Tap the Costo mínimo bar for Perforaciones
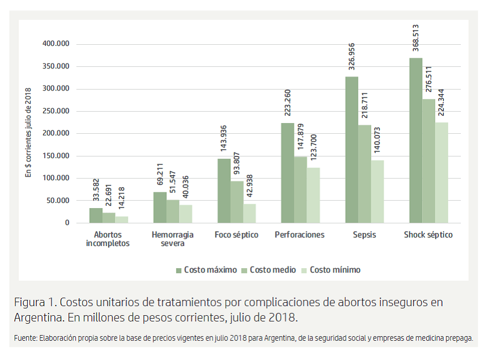coord(313,195)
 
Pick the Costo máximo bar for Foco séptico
coord(224,190)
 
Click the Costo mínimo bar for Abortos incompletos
coord(122,219)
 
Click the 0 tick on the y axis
coord(67,223)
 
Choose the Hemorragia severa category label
coord(173,239)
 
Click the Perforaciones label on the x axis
coord(300,235)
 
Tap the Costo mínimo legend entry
coord(334,270)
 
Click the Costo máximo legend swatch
coord(179,270)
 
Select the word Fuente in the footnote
coord(25,338)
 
